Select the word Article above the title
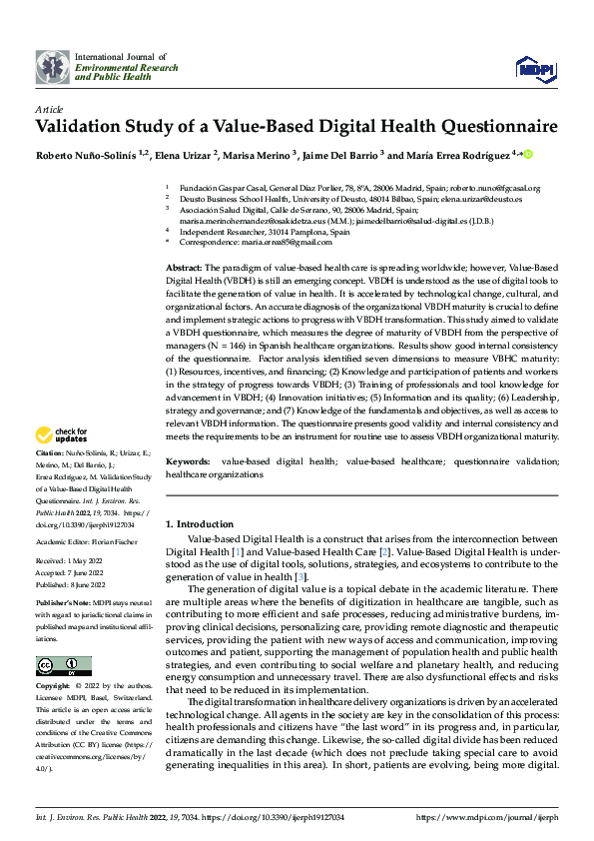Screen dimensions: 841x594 click(x=49, y=108)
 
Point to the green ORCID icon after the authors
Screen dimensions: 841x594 click(x=528, y=155)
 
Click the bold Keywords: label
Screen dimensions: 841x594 click(x=188, y=462)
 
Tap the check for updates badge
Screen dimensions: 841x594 click(x=61, y=435)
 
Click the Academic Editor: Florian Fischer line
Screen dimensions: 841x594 click(x=89, y=542)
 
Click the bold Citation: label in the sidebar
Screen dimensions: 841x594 click(x=52, y=479)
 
